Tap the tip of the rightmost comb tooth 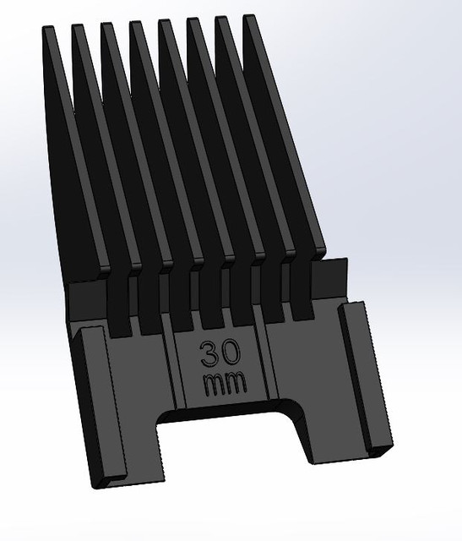coord(250,19)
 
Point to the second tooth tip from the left coord(79,27)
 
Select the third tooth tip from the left coord(107,25)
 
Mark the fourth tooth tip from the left coord(136,24)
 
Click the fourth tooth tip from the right coord(165,23)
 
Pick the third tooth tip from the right coord(193,21)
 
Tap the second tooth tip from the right coord(222,19)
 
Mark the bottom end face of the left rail coord(108,480)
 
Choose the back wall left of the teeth coord(84,296)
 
